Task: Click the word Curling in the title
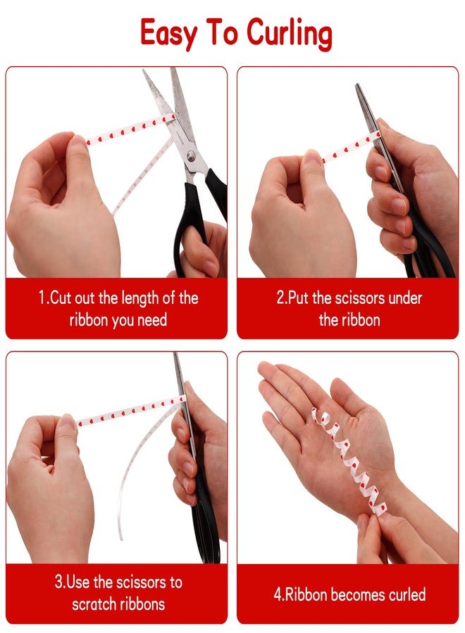(290, 33)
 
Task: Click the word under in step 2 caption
(404, 298)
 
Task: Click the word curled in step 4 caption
(407, 594)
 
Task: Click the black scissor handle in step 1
(191, 226)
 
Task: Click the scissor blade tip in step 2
(357, 85)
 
